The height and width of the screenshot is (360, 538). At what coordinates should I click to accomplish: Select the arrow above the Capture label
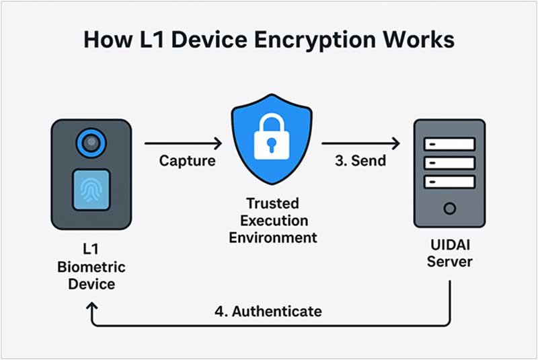point(183,143)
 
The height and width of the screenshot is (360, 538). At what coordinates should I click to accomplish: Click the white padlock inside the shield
point(271,139)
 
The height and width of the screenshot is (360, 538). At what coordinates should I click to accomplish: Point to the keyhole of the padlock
point(271,145)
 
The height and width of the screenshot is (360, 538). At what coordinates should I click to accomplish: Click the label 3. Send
point(360,161)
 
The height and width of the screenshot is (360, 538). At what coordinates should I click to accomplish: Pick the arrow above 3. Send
point(360,143)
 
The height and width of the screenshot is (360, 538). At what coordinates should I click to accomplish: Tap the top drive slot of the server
point(449,144)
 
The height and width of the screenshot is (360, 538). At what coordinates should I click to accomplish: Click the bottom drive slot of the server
point(449,181)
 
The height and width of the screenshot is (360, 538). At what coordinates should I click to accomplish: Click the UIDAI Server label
point(449,252)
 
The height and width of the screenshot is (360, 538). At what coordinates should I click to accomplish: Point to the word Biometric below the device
point(90,267)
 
